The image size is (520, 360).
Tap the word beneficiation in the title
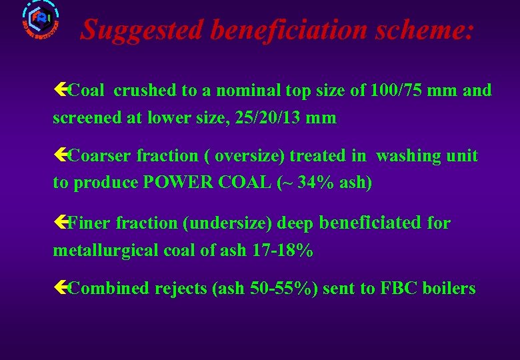point(289,29)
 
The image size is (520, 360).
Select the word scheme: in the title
point(425,29)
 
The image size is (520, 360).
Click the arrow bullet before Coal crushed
point(60,90)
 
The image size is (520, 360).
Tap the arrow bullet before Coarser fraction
point(60,156)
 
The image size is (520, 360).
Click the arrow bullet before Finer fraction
point(60,223)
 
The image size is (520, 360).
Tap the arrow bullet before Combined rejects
point(60,289)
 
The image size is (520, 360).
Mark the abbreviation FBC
point(397,289)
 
